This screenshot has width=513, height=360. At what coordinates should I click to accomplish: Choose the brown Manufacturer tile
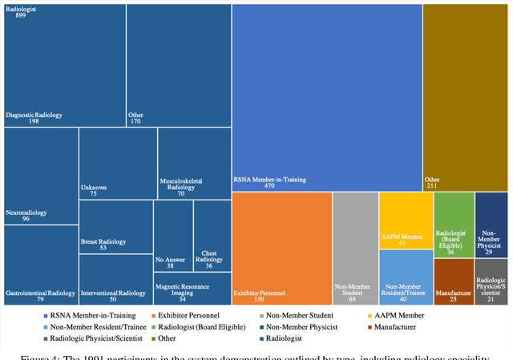pyautogui.click(x=452, y=280)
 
